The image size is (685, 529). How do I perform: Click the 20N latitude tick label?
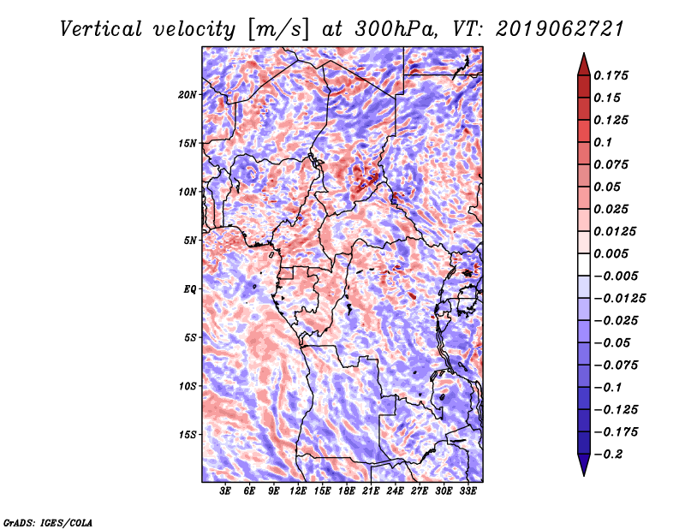click(188, 95)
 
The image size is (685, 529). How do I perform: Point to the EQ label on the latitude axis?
click(190, 289)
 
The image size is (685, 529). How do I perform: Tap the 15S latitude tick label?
click(188, 435)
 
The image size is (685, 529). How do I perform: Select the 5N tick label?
click(190, 241)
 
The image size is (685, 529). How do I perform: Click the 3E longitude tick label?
click(225, 491)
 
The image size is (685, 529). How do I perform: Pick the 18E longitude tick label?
click(347, 491)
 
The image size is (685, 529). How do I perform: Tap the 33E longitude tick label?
click(468, 491)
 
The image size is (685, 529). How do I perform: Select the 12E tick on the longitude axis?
click(298, 491)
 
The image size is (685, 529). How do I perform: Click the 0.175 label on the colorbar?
click(611, 75)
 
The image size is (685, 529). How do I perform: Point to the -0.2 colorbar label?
click(608, 455)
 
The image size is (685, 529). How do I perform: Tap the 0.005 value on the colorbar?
click(611, 253)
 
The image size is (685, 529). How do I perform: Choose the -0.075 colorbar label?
click(616, 366)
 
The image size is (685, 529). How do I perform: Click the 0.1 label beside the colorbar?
click(603, 142)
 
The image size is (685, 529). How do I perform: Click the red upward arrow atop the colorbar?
click(584, 64)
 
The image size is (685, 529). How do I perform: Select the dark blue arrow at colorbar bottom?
click(584, 465)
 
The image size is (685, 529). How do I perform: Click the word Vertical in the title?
click(100, 29)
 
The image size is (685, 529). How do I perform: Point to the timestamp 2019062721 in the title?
click(560, 29)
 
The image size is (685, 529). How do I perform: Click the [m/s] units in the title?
click(278, 30)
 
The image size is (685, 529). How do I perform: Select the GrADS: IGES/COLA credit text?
click(48, 523)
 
